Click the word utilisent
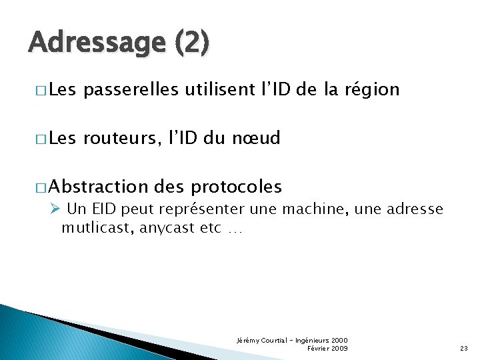pos(223,89)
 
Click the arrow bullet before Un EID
pos(55,209)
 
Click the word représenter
pos(193,209)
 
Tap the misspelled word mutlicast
pos(97,229)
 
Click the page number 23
pos(464,349)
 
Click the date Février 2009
pos(327,349)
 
